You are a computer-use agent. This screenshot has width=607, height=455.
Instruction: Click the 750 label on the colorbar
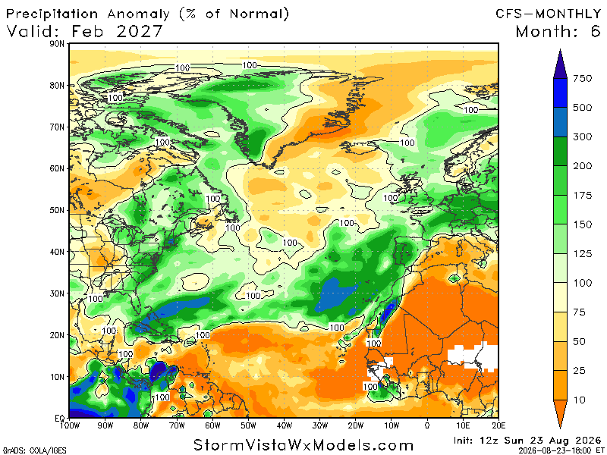582,79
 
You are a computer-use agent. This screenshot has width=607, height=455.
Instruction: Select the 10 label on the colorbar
579,400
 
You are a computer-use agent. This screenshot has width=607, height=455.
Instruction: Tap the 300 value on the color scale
582,137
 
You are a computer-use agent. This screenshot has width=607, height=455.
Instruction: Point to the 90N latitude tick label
57,44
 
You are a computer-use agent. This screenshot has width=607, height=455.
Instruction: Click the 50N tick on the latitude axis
57,211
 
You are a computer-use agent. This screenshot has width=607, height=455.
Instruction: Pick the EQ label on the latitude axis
60,419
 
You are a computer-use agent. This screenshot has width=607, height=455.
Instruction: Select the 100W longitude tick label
70,425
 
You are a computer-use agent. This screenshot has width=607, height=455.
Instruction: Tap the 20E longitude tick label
498,425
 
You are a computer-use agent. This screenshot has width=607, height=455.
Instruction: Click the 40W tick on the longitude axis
284,425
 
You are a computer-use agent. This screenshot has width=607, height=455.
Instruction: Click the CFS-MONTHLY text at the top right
548,14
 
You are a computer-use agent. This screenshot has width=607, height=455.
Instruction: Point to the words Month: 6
558,31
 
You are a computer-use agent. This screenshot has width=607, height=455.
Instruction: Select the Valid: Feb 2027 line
84,31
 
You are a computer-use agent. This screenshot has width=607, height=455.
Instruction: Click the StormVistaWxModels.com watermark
303,445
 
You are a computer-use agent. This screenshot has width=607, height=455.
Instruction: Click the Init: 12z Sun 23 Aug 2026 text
527,441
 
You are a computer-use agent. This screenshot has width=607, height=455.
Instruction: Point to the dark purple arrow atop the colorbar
560,64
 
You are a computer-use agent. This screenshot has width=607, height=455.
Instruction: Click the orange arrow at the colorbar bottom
560,414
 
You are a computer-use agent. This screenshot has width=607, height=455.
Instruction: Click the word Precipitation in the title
52,14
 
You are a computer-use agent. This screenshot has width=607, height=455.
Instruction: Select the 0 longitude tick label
427,425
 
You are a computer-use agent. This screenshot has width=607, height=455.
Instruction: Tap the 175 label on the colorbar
582,196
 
